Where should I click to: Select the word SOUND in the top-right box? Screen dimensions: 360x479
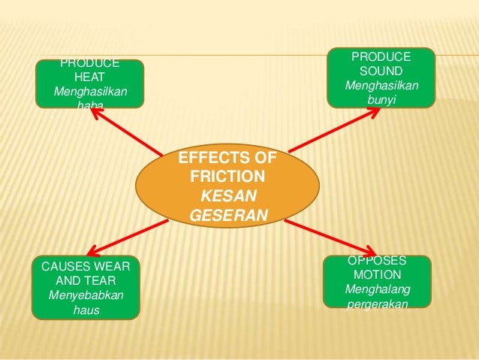pos(381,71)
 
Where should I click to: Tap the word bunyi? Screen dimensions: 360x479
pos(381,99)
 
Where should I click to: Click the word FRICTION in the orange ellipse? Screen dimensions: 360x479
pos(227,177)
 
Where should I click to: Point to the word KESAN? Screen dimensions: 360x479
pos(227,196)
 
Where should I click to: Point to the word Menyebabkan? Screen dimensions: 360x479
pos(86,294)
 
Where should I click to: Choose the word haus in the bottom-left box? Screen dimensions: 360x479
pos(86,308)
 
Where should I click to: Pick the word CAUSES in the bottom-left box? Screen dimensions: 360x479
pos(62,266)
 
